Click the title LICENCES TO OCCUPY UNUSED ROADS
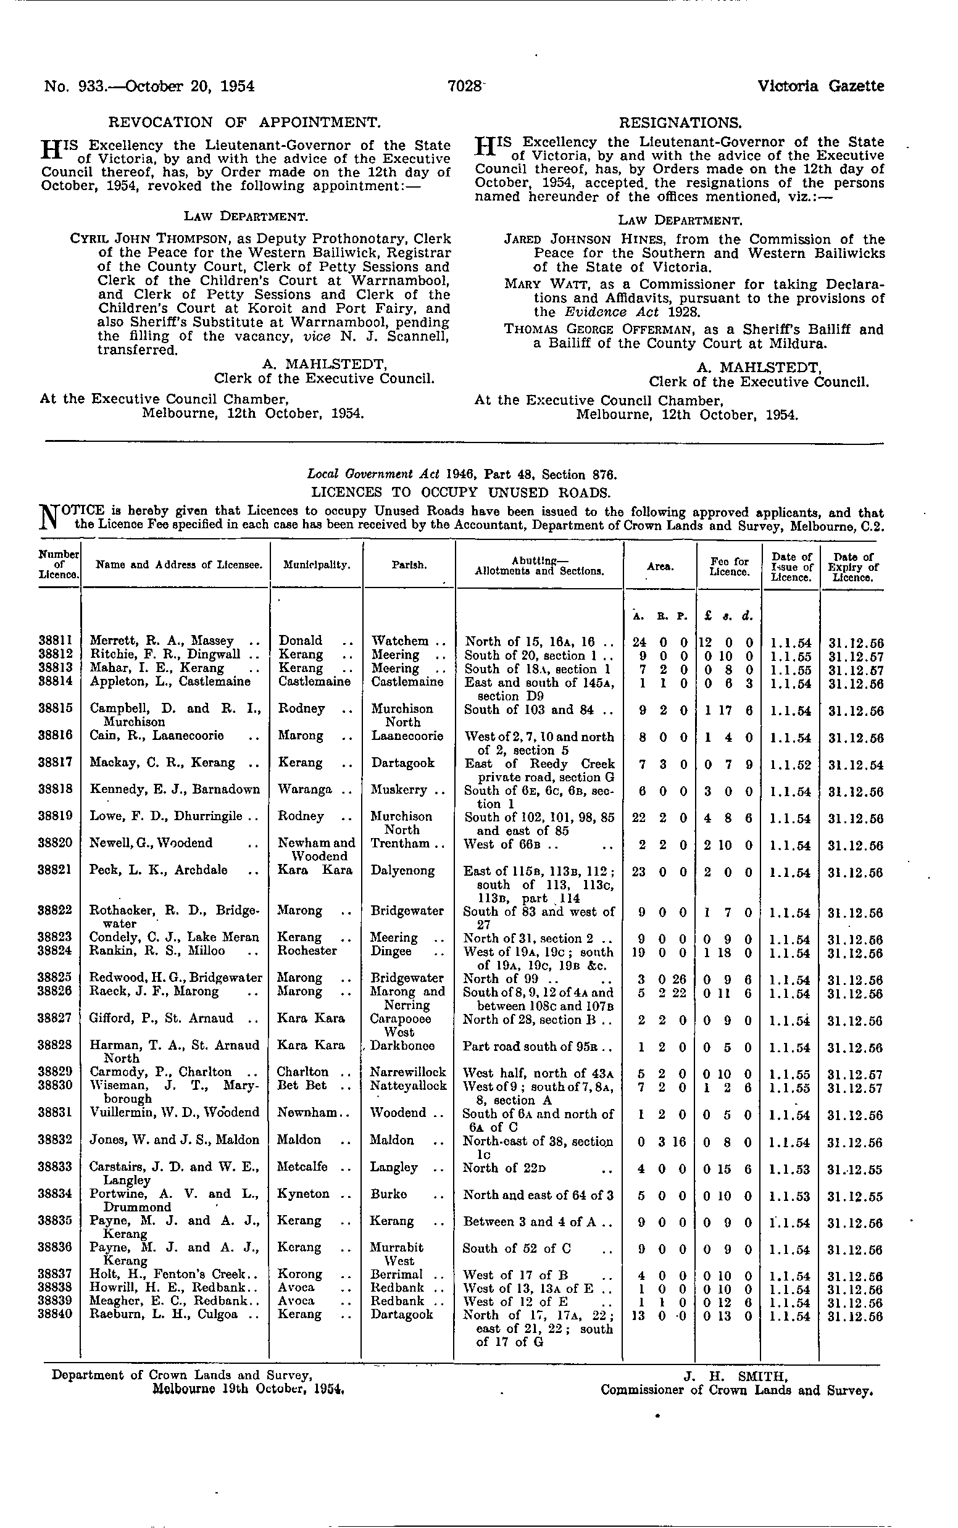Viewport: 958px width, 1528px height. (461, 492)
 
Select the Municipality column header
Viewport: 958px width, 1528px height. (317, 565)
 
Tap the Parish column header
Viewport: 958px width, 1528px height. (409, 565)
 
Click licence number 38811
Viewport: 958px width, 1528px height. (59, 641)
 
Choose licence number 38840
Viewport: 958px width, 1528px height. (59, 1314)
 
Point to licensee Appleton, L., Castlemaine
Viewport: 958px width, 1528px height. (170, 682)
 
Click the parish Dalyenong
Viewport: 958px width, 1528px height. (403, 870)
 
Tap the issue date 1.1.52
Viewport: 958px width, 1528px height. (790, 764)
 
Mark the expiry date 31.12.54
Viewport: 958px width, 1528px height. (855, 765)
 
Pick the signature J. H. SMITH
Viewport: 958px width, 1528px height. (735, 1376)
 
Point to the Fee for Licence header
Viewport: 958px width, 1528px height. (729, 567)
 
